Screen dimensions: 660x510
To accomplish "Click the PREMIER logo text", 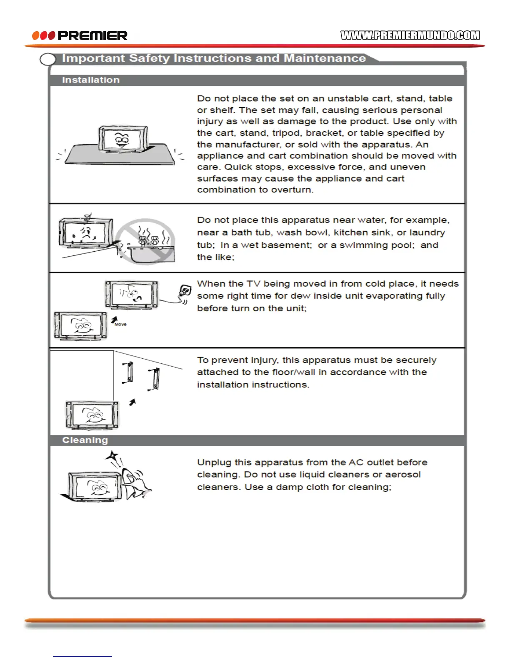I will click(x=92, y=36).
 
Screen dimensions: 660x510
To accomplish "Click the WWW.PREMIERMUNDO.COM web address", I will click(x=410, y=35).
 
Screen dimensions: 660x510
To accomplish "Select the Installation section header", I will click(x=91, y=80).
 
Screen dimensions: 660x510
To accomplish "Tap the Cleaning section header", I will click(x=85, y=440).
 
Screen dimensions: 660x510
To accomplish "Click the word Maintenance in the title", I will click(x=325, y=58).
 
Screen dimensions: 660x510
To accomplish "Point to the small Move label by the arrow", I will click(x=120, y=324).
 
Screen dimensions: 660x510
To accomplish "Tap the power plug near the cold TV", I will click(x=185, y=291).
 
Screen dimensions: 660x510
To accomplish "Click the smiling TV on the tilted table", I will click(x=122, y=139).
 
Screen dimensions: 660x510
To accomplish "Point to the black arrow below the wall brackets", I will click(x=132, y=402).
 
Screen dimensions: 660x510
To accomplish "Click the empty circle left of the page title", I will click(x=48, y=60).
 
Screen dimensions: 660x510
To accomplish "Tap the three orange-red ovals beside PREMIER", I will click(x=43, y=36).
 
